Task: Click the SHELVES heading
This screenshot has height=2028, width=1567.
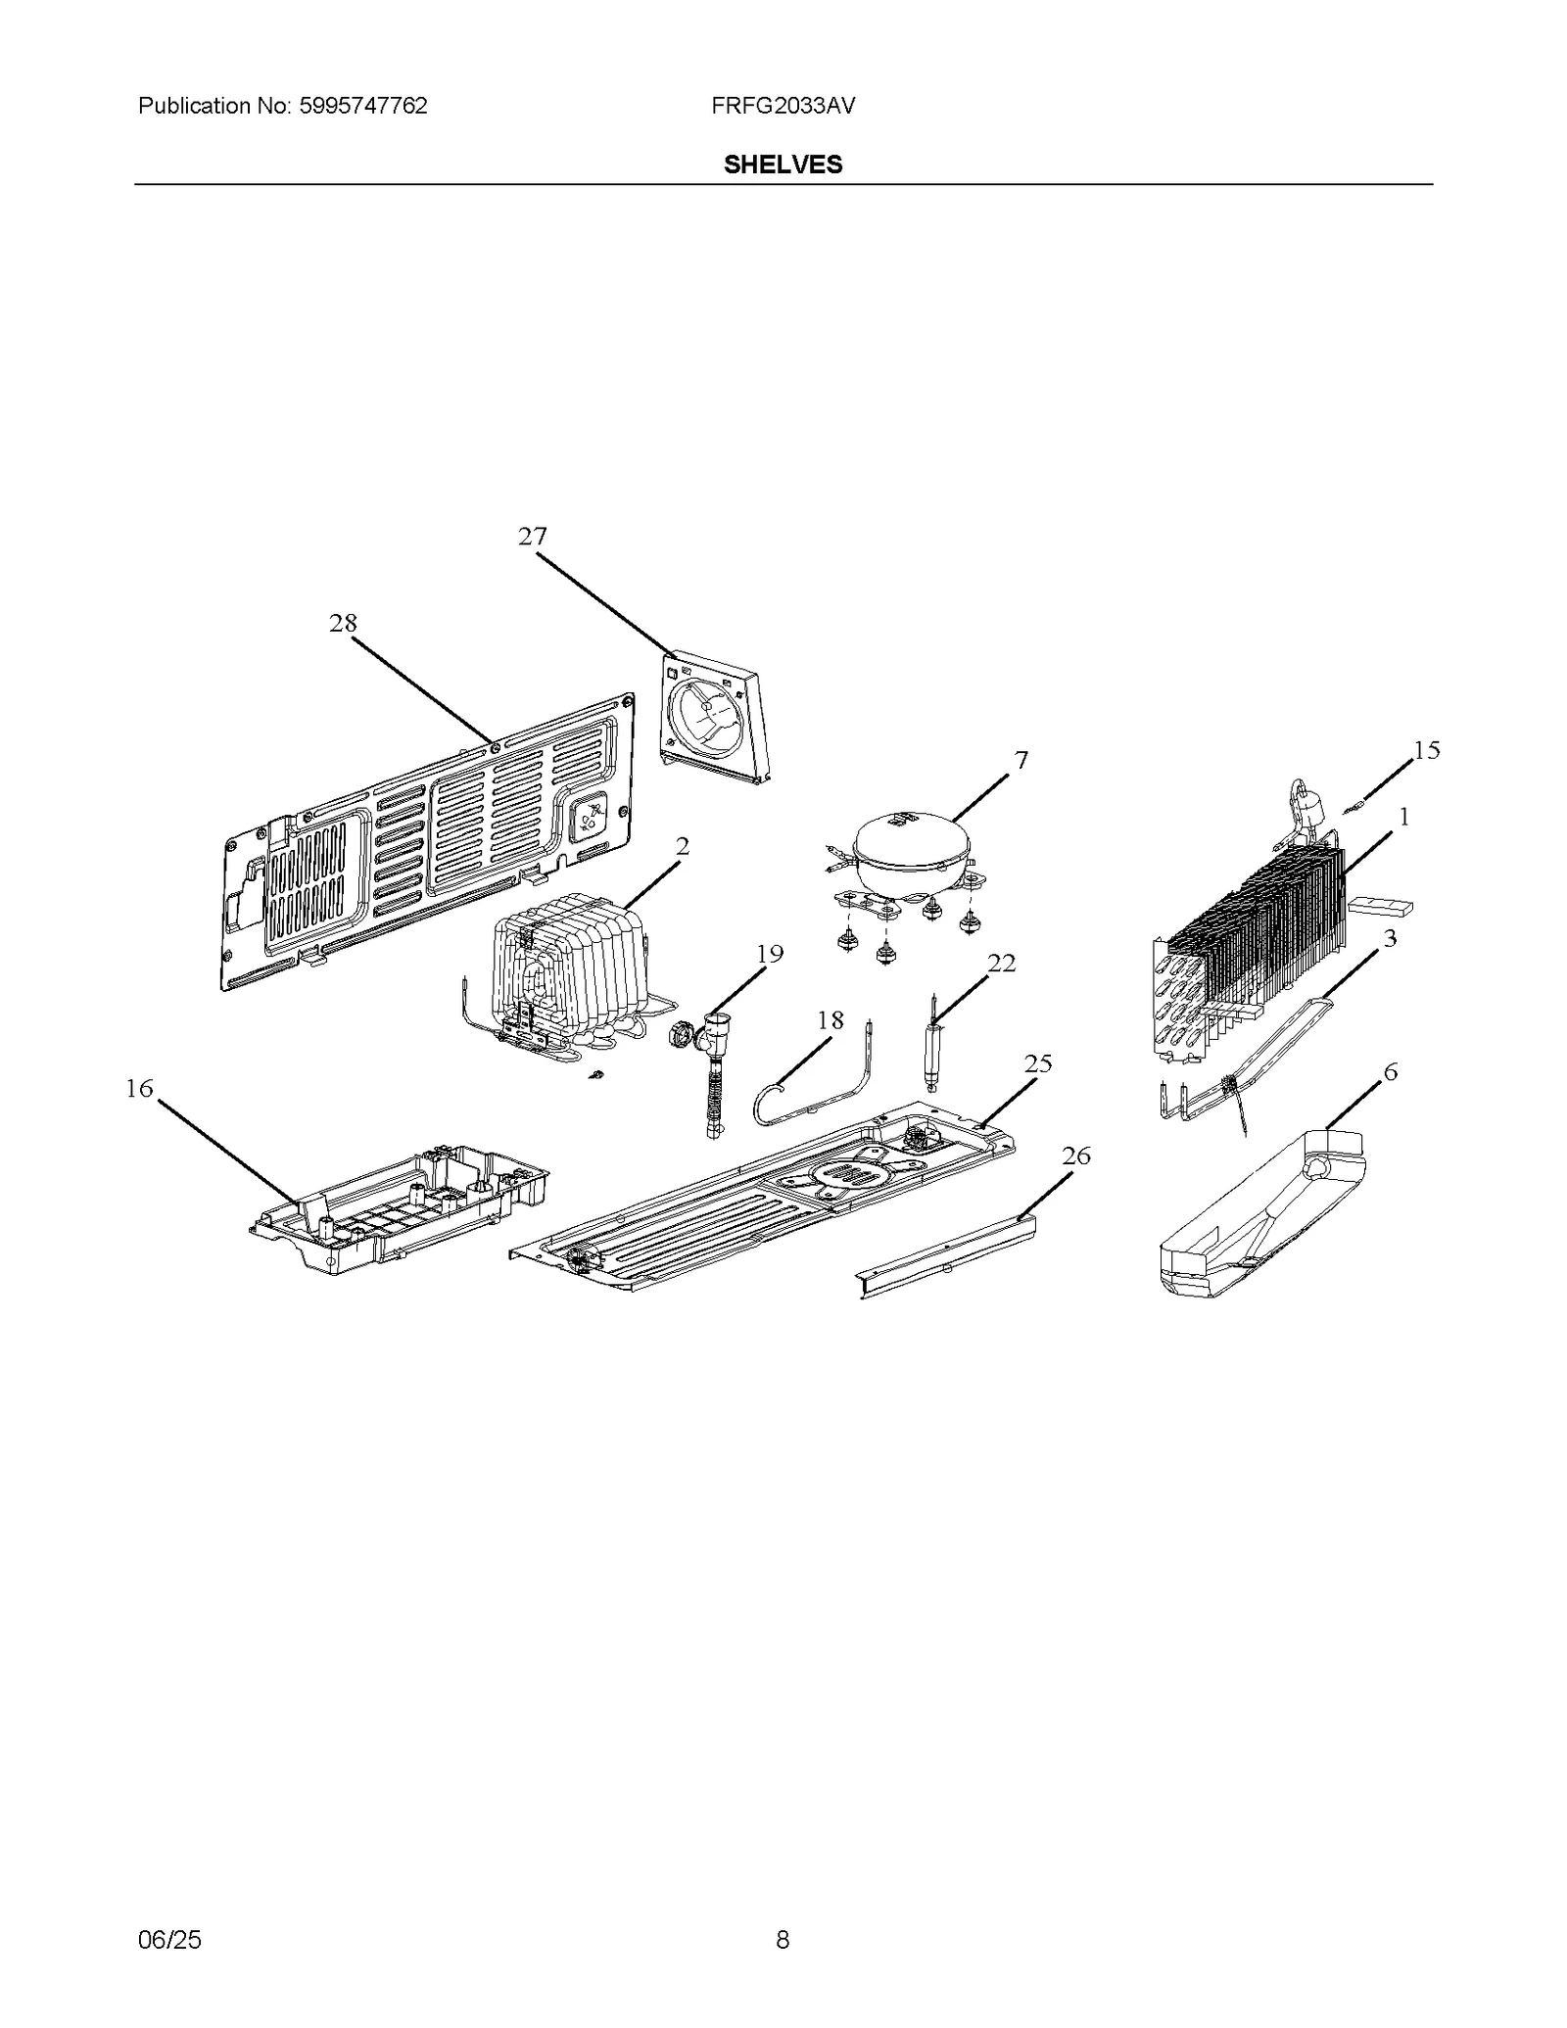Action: [x=783, y=165]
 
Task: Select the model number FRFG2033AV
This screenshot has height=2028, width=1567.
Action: [x=783, y=106]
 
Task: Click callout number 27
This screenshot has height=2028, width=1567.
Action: [x=532, y=536]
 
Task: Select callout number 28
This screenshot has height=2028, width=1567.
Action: [x=343, y=623]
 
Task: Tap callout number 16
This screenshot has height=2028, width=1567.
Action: [x=139, y=1088]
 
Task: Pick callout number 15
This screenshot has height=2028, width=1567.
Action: [x=1427, y=750]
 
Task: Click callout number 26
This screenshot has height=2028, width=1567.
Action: [x=1075, y=1156]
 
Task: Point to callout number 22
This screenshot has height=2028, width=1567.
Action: [x=1001, y=964]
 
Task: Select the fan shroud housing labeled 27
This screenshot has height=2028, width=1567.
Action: [x=713, y=720]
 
